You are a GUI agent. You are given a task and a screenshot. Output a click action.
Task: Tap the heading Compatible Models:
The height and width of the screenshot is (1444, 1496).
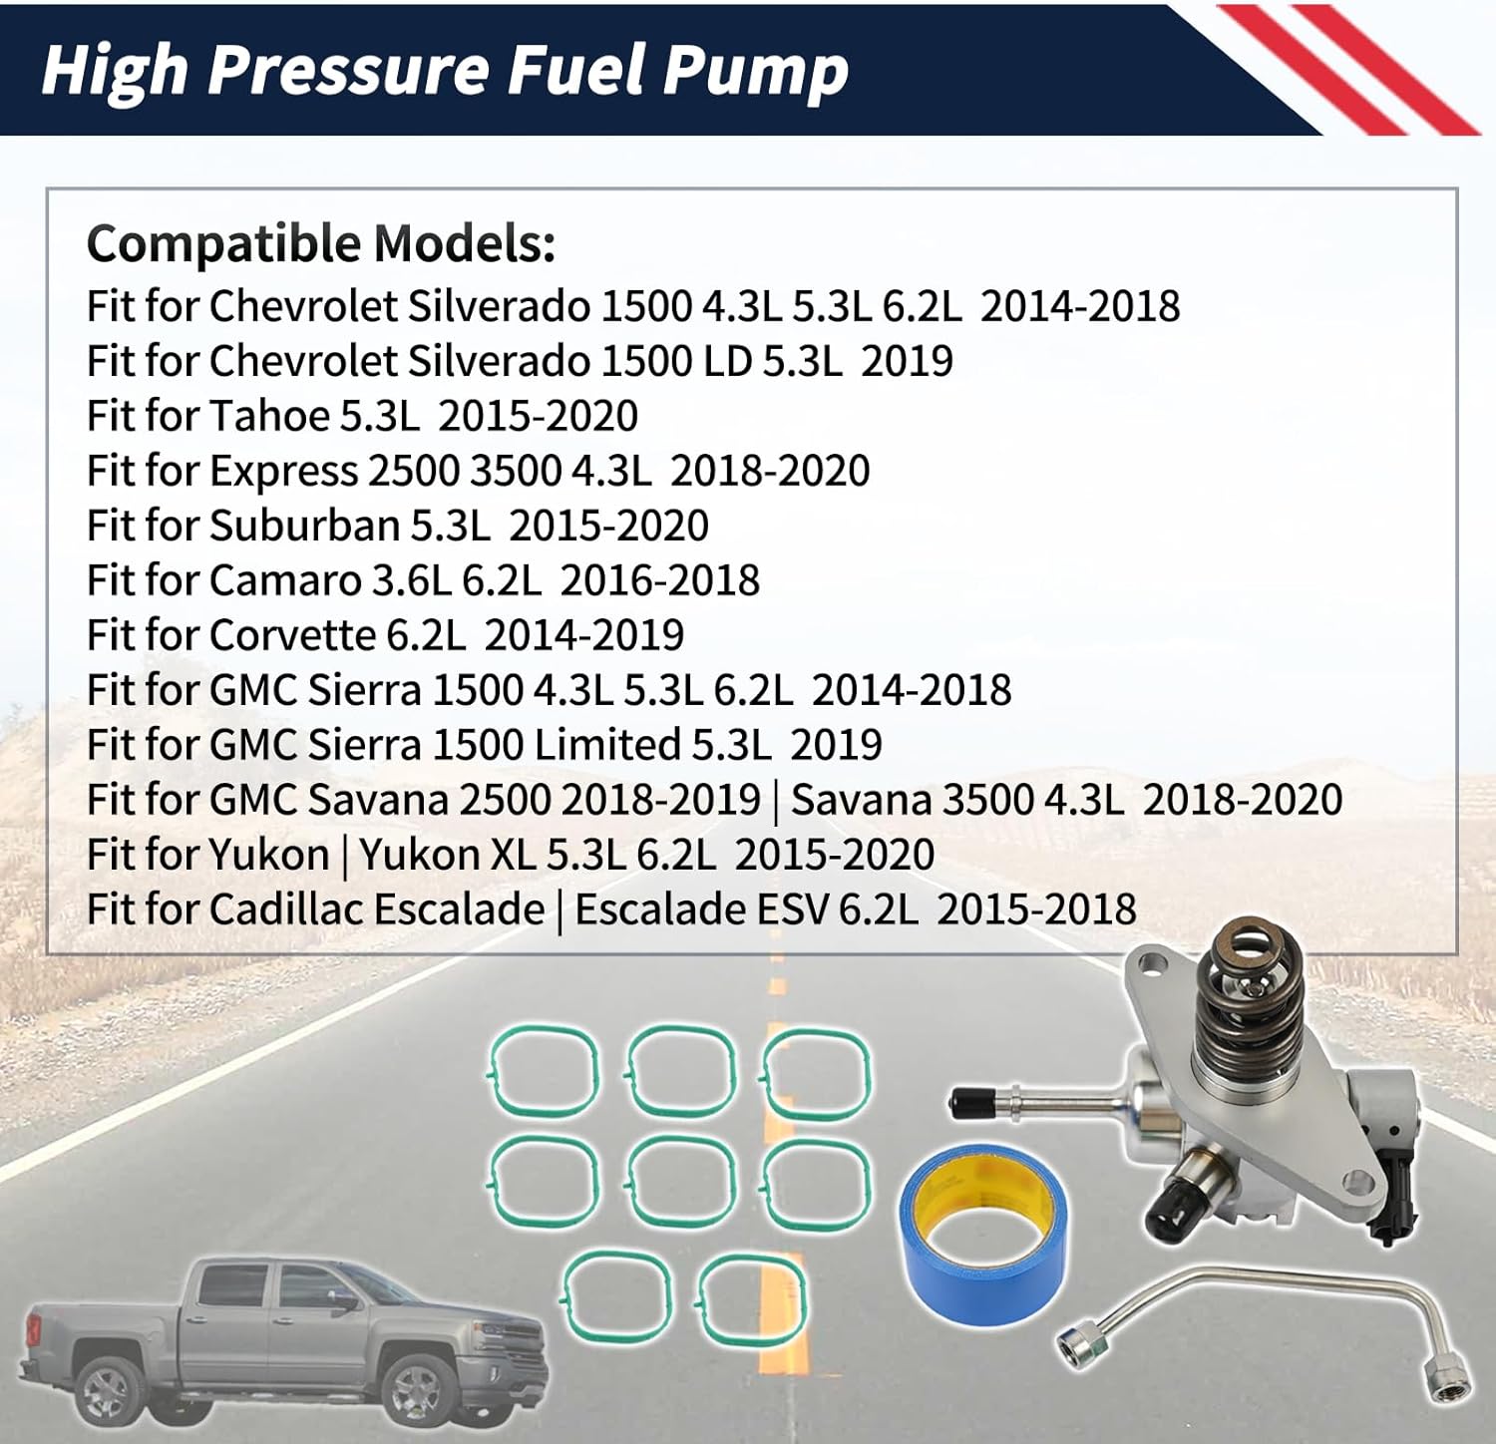coord(320,243)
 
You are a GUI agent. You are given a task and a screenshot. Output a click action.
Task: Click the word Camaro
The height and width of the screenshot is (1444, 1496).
coord(285,580)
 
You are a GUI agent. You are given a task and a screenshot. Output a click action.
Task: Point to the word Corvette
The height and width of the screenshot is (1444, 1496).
coord(293,635)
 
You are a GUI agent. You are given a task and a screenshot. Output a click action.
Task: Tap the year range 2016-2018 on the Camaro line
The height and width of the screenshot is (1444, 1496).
coord(659,580)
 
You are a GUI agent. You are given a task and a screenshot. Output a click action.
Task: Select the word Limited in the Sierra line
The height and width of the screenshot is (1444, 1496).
coord(607,745)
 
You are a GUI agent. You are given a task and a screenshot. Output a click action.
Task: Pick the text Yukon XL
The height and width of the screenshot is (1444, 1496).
coord(448,855)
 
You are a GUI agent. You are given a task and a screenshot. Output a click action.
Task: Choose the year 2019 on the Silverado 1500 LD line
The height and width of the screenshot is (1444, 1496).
coord(907,361)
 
